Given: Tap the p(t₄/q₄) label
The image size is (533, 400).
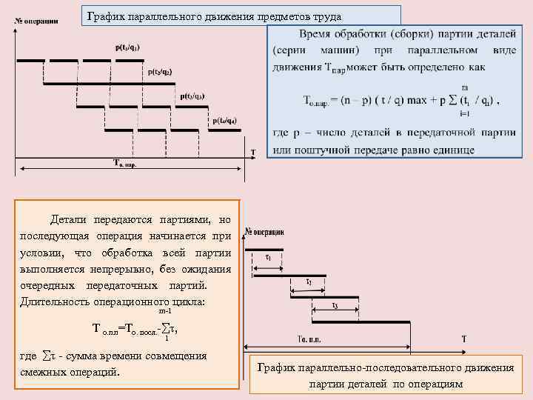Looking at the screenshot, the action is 225,121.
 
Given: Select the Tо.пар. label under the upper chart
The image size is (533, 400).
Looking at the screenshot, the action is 124,163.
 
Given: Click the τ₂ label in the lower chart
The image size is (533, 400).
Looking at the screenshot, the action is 309,281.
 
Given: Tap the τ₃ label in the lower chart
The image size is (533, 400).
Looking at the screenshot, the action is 335,305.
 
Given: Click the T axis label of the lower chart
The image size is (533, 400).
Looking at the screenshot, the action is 464,339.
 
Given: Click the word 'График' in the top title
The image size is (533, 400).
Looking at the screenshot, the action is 105,16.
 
